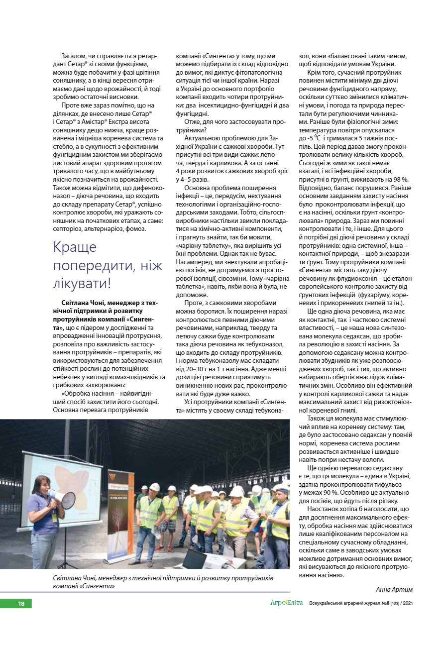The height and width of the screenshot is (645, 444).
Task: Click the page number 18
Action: pos(21,604)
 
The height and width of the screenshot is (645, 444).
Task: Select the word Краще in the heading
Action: pos(75,247)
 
